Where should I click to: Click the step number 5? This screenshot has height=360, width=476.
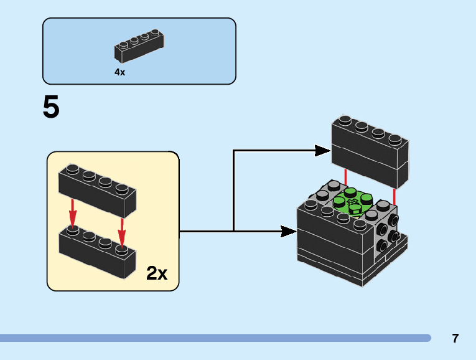pyautogui.click(x=51, y=108)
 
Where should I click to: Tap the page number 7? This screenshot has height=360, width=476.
pyautogui.click(x=455, y=339)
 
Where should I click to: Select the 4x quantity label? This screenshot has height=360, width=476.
pyautogui.click(x=119, y=72)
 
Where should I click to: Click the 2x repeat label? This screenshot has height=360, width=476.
pyautogui.click(x=157, y=273)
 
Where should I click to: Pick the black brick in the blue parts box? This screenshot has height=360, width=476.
pyautogui.click(x=140, y=47)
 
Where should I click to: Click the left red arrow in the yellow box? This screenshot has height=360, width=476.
pyautogui.click(x=73, y=213)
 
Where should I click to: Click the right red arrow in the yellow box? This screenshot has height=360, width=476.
pyautogui.click(x=122, y=231)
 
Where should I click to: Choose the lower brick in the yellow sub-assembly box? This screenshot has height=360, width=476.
pyautogui.click(x=97, y=252)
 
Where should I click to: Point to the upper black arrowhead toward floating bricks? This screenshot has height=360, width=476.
pyautogui.click(x=322, y=150)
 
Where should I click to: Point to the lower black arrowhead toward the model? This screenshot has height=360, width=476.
pyautogui.click(x=288, y=232)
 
